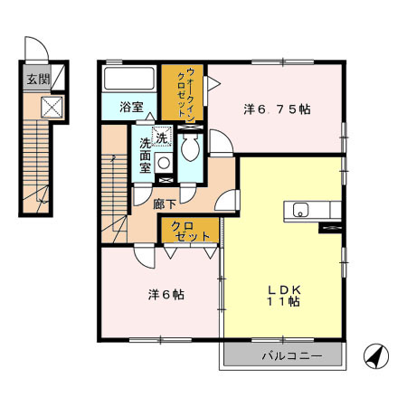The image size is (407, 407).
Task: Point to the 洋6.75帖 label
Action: pos(277,109)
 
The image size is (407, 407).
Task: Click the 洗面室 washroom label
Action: pos(145,156)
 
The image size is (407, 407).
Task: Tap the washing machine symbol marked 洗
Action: pos(163,138)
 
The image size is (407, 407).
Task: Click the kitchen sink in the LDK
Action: pos(300,212)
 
